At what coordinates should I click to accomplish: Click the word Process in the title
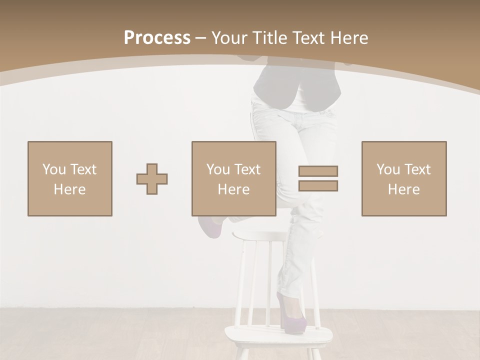pos(157,38)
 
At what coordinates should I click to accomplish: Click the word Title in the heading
pos(271,38)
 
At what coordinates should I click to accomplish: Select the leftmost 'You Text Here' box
pos(70,179)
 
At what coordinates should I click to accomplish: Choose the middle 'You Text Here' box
pos(234,179)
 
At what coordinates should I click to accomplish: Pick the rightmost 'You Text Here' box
pos(404,179)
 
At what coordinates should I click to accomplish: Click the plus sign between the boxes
pos(152,179)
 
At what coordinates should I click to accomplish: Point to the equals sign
pos(318,178)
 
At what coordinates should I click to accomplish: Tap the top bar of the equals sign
pos(318,171)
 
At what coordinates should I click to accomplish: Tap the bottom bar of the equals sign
pos(318,186)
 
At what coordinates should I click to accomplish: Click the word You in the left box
pos(54,169)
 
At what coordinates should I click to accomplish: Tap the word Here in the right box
pos(404,189)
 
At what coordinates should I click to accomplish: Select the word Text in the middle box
pos(247,169)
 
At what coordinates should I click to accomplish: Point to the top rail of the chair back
pos(260,235)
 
